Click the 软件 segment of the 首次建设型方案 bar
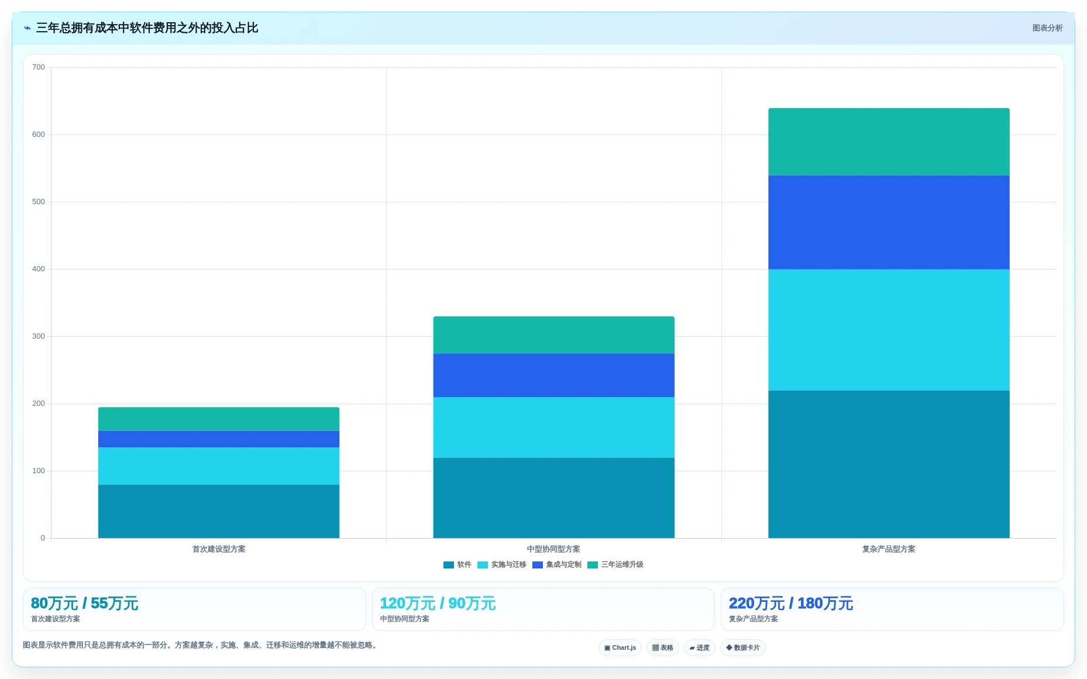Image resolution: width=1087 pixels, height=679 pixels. click(219, 511)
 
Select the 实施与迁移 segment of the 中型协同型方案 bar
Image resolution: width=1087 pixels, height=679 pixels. click(553, 428)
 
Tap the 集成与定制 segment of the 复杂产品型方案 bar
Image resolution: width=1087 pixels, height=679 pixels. click(889, 222)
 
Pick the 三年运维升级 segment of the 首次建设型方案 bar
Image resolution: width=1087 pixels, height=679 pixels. click(219, 419)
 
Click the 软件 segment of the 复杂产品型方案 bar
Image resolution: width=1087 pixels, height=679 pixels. click(889, 464)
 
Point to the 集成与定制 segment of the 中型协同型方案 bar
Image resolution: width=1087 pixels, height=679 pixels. click(553, 375)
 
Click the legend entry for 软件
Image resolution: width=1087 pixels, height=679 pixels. click(457, 564)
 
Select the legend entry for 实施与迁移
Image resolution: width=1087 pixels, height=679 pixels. click(502, 564)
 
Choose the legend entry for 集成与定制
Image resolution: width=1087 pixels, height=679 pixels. click(557, 564)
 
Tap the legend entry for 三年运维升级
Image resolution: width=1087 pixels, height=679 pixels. click(615, 564)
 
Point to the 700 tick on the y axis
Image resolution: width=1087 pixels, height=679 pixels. click(39, 67)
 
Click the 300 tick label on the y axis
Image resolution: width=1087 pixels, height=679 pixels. click(39, 336)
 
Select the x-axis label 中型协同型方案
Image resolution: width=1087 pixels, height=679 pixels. click(553, 549)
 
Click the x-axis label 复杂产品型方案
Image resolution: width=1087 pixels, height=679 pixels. click(889, 549)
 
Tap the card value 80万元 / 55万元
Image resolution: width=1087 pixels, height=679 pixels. click(85, 603)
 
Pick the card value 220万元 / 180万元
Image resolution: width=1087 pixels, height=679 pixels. click(791, 603)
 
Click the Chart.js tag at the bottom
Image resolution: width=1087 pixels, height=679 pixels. click(620, 647)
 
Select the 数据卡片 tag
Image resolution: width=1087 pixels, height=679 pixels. click(743, 647)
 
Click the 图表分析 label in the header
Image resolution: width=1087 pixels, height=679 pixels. click(1047, 28)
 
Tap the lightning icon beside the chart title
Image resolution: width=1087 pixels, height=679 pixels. click(27, 28)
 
